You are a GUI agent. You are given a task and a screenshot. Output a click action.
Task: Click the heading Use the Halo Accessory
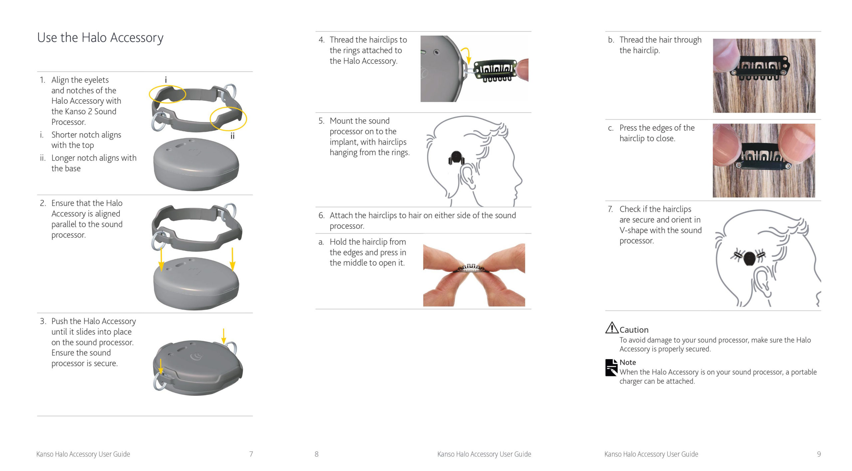[x=100, y=38]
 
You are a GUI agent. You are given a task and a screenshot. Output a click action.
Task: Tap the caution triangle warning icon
[x=611, y=328]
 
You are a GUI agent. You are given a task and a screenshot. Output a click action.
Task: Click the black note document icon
[x=611, y=368]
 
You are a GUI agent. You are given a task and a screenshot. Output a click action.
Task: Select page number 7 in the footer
[x=251, y=454]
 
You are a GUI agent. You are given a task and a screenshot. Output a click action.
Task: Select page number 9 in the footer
[x=819, y=454]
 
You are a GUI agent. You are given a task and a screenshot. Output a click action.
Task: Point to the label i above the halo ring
[x=166, y=80]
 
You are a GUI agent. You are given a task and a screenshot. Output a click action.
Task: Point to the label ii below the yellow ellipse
[x=232, y=136]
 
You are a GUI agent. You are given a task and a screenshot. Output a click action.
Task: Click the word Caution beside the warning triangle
[x=634, y=330]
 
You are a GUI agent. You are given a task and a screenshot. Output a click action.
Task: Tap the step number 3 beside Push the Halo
[x=43, y=321]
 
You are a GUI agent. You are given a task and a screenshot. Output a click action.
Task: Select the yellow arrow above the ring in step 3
[x=224, y=335]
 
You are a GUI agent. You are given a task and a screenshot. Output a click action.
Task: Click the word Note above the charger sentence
[x=627, y=362]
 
